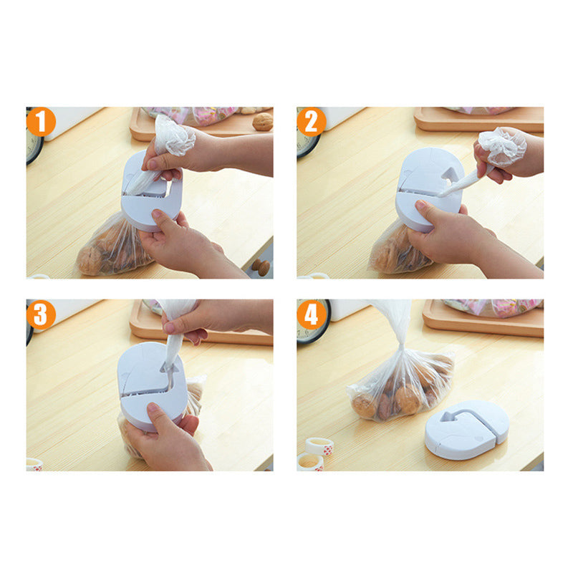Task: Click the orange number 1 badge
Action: [41, 122]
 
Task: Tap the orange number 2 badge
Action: [312, 122]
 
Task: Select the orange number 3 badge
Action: [41, 314]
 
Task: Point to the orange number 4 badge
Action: [312, 314]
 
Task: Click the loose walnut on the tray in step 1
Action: [262, 122]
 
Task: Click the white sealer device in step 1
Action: [152, 192]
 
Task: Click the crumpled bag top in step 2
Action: [503, 146]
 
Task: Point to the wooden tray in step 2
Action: [478, 120]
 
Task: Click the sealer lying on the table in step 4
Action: [467, 430]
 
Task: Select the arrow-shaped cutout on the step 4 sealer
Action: [449, 417]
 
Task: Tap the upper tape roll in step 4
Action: [319, 446]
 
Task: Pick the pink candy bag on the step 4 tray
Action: [491, 307]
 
